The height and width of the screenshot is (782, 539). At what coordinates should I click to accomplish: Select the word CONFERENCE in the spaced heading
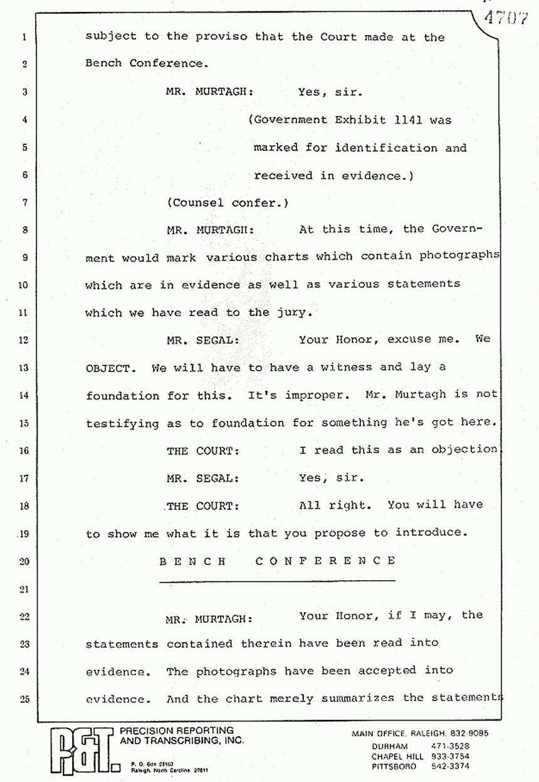pyautogui.click(x=325, y=561)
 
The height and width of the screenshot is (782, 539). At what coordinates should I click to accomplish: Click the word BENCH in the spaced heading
pyautogui.click(x=192, y=561)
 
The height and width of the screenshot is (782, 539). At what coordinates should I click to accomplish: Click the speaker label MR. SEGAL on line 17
pyautogui.click(x=202, y=478)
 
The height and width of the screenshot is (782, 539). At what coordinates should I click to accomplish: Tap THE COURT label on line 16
pyautogui.click(x=202, y=450)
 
